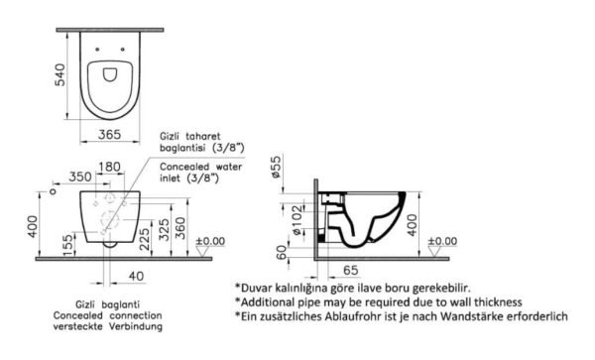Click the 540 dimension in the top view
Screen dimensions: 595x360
coord(59,75)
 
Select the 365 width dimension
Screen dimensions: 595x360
coord(110,134)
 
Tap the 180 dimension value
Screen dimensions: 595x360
coord(110,167)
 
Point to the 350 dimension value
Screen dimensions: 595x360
coord(80,177)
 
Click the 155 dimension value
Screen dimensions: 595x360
coord(67,245)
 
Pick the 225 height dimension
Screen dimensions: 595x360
coord(145,239)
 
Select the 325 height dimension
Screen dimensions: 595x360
coord(164,229)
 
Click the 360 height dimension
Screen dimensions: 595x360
coord(181,228)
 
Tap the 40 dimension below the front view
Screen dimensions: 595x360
coord(137,276)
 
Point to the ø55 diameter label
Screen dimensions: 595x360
coord(277,167)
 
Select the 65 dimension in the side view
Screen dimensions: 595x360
coord(351,270)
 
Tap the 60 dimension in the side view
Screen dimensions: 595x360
coord(282,253)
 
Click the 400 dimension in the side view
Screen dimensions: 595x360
coord(412,225)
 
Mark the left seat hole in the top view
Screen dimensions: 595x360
coord(97,50)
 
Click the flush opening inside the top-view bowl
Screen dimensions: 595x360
coord(110,74)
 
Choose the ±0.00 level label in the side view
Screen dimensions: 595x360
coord(443,241)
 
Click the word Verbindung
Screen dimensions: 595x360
coord(136,326)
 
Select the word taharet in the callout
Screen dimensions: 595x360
coord(202,136)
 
